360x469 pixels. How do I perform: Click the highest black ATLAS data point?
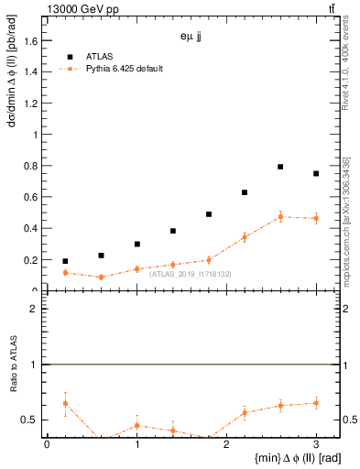click(280, 167)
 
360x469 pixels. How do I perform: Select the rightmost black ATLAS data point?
click(316, 173)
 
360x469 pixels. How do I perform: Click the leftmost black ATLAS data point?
click(65, 261)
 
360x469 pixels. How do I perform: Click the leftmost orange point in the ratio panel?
click(65, 403)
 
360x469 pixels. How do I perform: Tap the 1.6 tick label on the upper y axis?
click(33, 41)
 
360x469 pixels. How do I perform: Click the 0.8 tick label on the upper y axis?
click(33, 166)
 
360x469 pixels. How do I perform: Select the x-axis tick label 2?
click(226, 445)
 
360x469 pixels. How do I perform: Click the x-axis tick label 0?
click(47, 445)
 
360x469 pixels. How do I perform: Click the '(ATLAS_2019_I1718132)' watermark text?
click(191, 274)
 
